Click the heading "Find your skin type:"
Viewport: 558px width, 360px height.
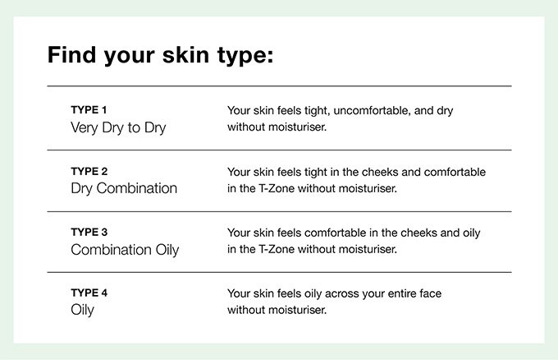[x=161, y=56]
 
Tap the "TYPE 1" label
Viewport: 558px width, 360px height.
[x=89, y=110]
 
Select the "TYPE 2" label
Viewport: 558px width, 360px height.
[x=89, y=172]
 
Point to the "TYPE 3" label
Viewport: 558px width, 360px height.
[x=89, y=232]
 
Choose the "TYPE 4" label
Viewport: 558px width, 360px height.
[x=89, y=293]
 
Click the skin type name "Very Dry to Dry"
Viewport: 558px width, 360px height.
[x=118, y=128]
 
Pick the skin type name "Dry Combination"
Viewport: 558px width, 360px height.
[x=124, y=188]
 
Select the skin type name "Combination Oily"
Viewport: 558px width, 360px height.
[x=125, y=250]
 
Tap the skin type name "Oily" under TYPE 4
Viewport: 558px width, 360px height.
[x=82, y=310]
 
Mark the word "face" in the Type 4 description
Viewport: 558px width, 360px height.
[x=431, y=293]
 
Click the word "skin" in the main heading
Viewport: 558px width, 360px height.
[x=185, y=55]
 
